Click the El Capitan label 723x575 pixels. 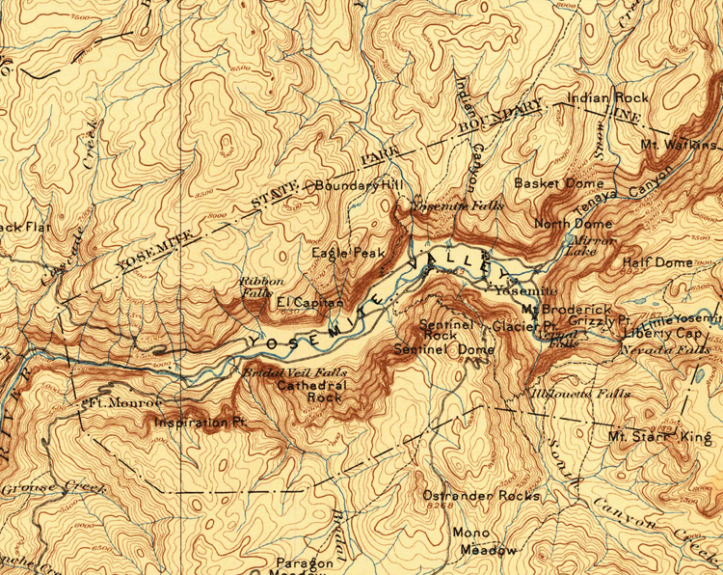tap(309, 303)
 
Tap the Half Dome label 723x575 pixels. tap(657, 262)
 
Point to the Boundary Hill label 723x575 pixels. tap(357, 185)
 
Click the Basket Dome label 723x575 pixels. tap(559, 182)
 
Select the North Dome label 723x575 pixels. tap(567, 224)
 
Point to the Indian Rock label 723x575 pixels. tap(608, 97)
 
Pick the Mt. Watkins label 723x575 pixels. tap(681, 145)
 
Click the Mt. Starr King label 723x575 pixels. tap(659, 436)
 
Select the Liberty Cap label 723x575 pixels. tap(662, 333)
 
